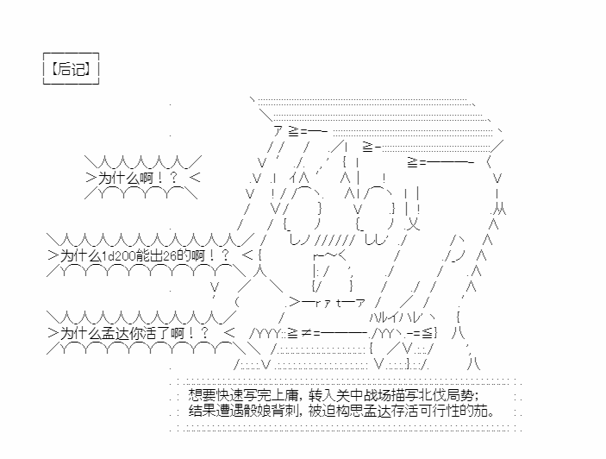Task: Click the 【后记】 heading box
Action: tap(71, 68)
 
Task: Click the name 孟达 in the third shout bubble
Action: tap(116, 333)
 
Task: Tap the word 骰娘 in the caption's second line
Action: tap(258, 411)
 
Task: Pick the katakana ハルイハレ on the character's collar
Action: tap(394, 318)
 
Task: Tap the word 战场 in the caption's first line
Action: tap(378, 395)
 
